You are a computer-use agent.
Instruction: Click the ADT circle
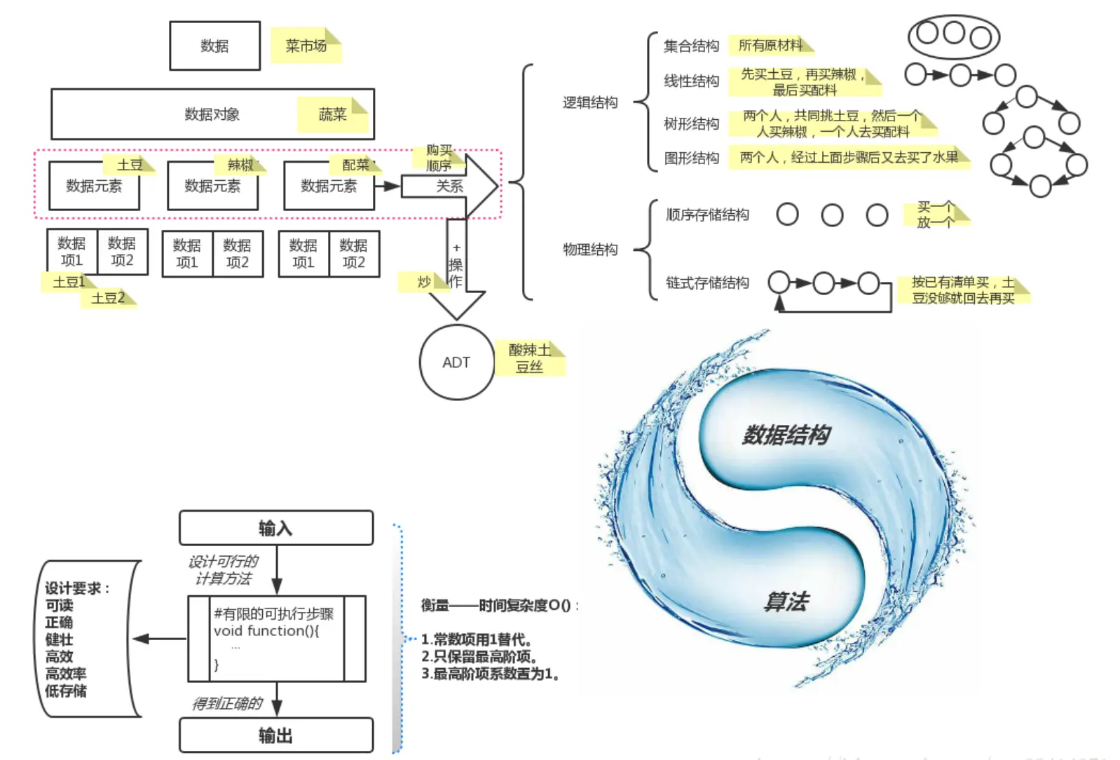click(x=456, y=362)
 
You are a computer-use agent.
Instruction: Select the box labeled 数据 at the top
click(x=214, y=46)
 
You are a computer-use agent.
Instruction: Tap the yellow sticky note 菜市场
click(x=306, y=46)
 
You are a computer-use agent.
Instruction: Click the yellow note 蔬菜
click(x=332, y=115)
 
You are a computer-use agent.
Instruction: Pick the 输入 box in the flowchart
click(x=275, y=528)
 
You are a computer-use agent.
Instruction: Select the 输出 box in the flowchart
click(x=275, y=735)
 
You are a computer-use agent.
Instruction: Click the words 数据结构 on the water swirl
click(x=786, y=435)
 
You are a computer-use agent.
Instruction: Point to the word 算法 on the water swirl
click(x=786, y=602)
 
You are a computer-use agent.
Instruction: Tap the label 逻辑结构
click(x=590, y=103)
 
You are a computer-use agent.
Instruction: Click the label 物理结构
click(x=590, y=250)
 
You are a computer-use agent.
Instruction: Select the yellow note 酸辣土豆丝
click(x=530, y=358)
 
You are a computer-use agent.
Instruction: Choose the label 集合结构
click(x=691, y=46)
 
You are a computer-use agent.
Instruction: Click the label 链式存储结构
click(x=707, y=283)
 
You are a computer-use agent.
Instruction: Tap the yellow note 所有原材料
click(x=770, y=46)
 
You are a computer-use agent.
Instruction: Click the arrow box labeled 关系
click(x=449, y=186)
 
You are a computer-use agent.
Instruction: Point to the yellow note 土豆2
click(x=109, y=298)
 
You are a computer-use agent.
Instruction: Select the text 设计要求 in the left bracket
click(x=77, y=588)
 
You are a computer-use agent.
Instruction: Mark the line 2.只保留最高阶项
click(x=479, y=657)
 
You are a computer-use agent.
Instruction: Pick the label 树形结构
click(x=691, y=124)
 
